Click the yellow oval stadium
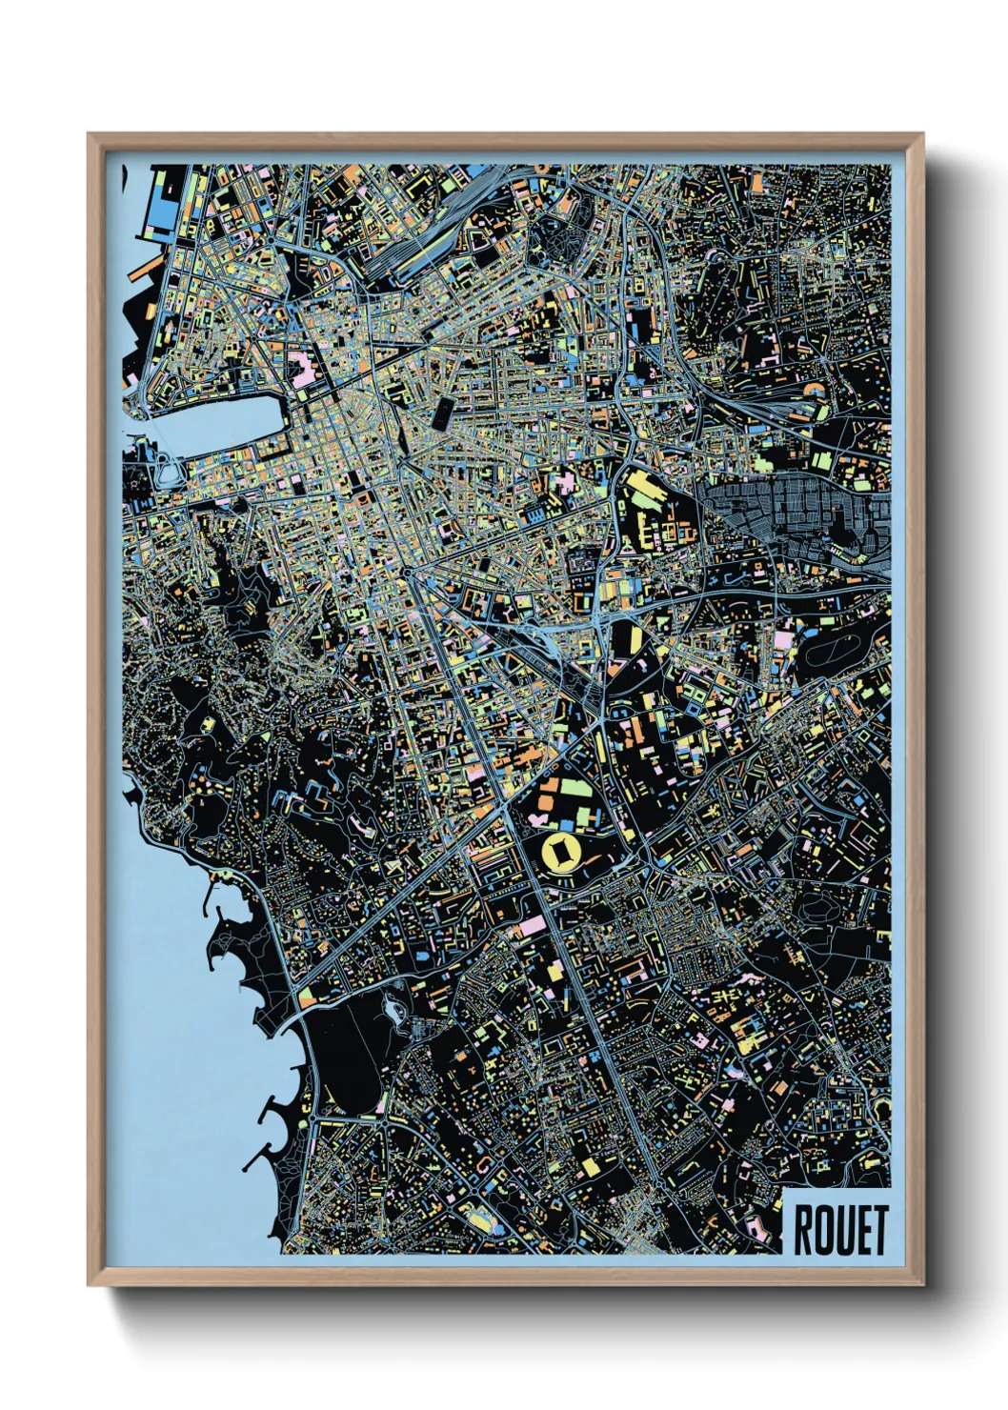click(x=560, y=850)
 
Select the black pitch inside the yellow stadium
click(x=560, y=850)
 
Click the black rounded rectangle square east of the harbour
click(x=444, y=412)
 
